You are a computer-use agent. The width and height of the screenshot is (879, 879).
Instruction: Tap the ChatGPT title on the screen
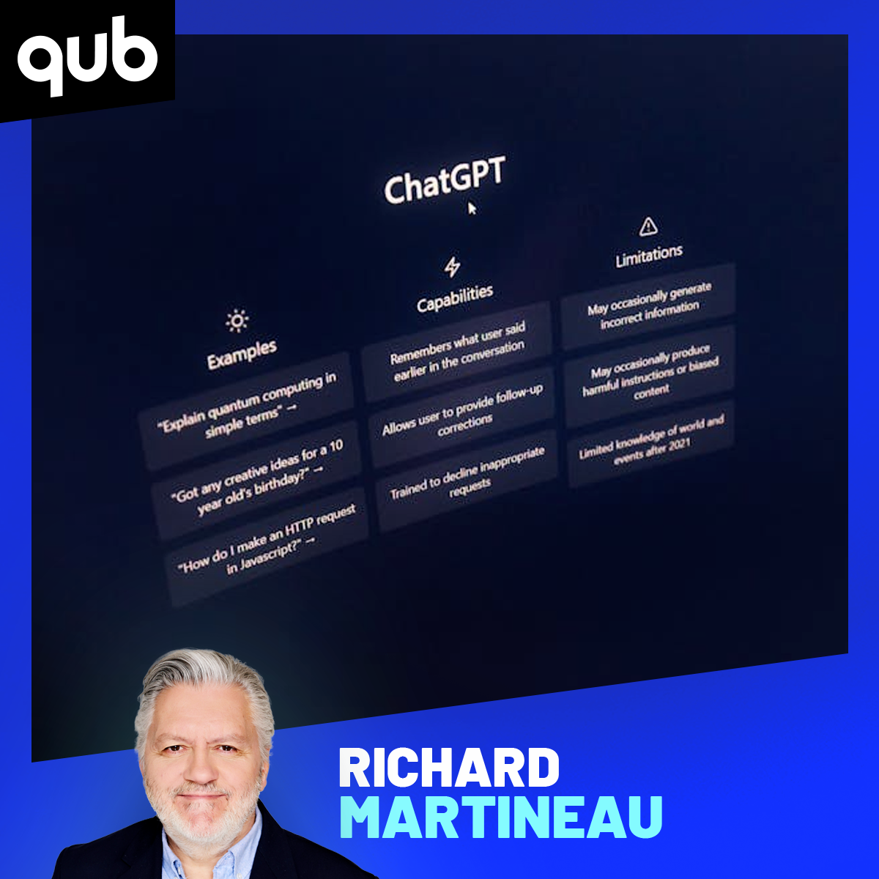click(445, 179)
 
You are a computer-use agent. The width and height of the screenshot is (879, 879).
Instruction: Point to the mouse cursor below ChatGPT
click(472, 209)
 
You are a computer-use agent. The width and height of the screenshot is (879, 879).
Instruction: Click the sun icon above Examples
click(237, 321)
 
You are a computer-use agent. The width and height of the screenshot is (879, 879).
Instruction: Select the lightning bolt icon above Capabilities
click(452, 267)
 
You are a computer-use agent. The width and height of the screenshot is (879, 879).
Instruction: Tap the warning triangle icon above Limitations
click(648, 226)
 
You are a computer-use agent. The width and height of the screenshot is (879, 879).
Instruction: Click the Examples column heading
click(242, 355)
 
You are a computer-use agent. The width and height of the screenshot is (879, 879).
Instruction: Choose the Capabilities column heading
click(455, 299)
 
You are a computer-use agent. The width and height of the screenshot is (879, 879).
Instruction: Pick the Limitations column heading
click(649, 256)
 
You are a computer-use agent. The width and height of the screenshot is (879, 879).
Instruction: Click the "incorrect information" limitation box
click(648, 305)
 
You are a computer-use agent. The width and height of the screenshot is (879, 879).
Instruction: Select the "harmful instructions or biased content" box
click(650, 374)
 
